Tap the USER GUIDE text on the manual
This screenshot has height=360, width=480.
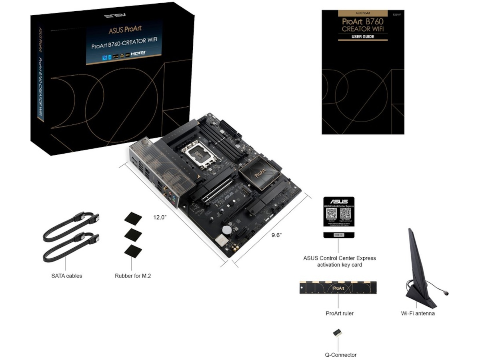tap(363, 37)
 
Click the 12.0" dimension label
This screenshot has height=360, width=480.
tap(159, 217)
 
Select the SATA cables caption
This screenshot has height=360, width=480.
tap(67, 276)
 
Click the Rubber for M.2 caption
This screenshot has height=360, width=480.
tap(133, 276)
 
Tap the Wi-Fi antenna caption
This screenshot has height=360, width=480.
tap(418, 313)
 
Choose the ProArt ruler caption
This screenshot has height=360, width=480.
tap(339, 313)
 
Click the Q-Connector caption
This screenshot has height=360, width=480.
tap(340, 354)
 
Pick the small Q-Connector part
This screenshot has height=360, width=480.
tap(338, 333)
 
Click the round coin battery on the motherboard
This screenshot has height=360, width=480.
tap(227, 230)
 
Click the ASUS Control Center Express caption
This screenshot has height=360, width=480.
tap(339, 261)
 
